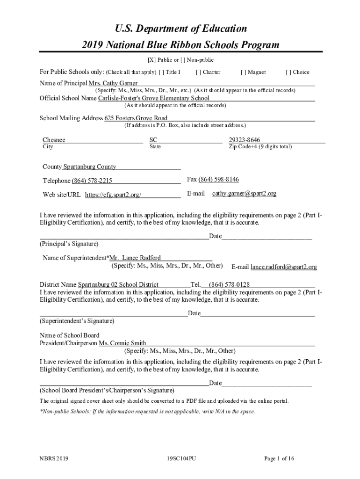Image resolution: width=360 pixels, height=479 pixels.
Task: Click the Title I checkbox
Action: pos(161,72)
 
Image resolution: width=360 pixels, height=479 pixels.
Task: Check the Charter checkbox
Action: pos(198,72)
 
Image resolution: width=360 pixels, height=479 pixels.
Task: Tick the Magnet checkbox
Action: pos(243,72)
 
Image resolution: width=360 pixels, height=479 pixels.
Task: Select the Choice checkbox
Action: pos(288,72)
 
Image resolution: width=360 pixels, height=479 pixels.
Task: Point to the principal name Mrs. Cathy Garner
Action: pos(110,83)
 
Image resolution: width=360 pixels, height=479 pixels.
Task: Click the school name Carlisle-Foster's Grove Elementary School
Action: pos(153,98)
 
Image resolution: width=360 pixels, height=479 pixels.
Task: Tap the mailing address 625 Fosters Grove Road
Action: pos(136,118)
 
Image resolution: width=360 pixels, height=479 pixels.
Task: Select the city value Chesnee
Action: pos(54,140)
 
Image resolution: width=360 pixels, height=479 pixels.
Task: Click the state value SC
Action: pos(153,140)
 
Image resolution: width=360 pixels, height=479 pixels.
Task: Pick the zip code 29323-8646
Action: pos(245,140)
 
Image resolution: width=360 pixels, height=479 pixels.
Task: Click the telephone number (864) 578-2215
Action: pos(92,181)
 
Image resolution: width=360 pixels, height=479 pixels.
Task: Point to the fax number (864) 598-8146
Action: pos(219,180)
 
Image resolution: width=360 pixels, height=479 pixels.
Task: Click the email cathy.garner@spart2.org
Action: pos(244,193)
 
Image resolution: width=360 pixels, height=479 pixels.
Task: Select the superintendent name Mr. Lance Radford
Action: pos(135,258)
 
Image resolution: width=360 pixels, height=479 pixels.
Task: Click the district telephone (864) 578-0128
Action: pos(229,284)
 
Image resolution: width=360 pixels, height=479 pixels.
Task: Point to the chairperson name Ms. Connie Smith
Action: pos(122,343)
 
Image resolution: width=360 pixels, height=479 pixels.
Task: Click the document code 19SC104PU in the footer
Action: pos(181,459)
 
